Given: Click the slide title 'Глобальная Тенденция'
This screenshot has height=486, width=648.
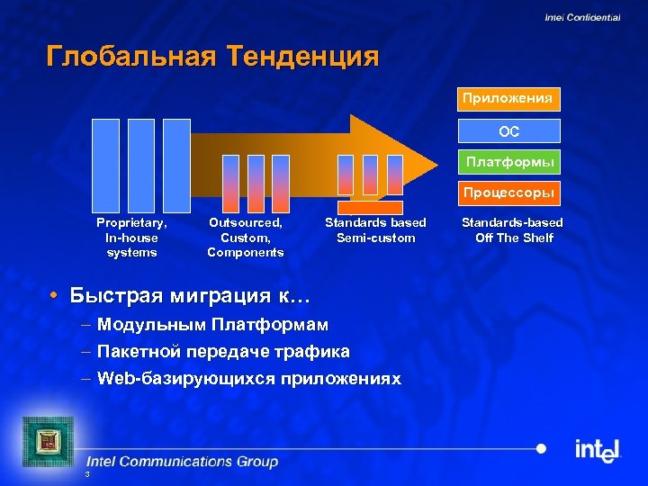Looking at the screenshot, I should pos(212,57).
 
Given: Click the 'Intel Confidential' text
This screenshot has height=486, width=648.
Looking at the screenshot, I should pos(581,18).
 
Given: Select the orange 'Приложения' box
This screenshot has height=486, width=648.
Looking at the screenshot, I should pos(508,97).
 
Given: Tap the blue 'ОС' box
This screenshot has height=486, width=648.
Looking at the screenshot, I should pos(508,130).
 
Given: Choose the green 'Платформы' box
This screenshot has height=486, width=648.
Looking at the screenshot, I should pos(508,162).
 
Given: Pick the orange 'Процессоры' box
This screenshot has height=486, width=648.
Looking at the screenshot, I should pos(508,193).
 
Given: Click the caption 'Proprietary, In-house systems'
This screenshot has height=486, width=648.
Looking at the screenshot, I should pos(131,238).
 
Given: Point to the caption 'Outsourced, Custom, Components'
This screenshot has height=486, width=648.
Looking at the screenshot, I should pos(245,238).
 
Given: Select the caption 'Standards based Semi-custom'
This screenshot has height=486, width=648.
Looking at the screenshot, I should pos(375,230).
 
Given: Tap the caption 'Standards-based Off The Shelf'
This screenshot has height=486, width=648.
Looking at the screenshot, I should pos(513,230).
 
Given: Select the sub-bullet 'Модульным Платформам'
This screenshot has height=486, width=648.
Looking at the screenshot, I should pos(212,324).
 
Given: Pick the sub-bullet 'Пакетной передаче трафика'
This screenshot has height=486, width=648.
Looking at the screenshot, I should pos(223,351).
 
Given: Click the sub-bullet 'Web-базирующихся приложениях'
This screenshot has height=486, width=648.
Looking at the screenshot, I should pos(248,379).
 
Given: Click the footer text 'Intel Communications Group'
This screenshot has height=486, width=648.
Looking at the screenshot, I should pos(182,462).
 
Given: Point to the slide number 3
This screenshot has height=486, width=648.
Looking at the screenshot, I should pos(86,474).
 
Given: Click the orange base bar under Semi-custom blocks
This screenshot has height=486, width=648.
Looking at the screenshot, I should pos(370,207).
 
